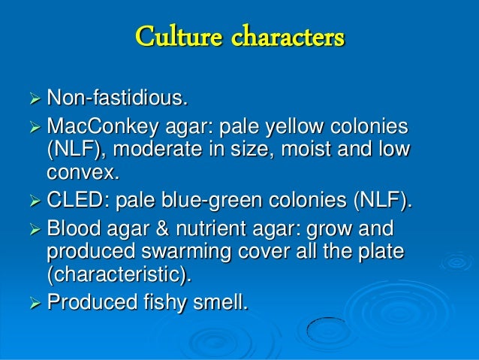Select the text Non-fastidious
(x=116, y=98)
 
